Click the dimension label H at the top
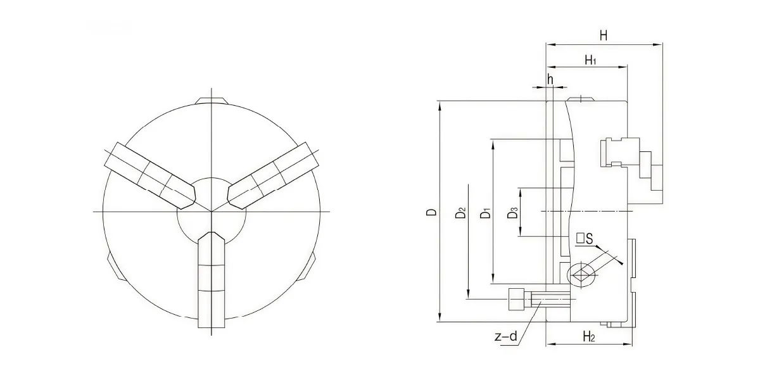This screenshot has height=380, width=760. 603,35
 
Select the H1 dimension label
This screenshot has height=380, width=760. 591,60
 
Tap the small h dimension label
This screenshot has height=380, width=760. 550,79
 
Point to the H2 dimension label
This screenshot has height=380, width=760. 589,336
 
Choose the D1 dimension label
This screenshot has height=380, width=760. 486,213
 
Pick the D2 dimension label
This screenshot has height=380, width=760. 460,213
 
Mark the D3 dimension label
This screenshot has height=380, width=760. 512,213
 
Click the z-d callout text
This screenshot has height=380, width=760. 506,336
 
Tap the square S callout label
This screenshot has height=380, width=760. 585,239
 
